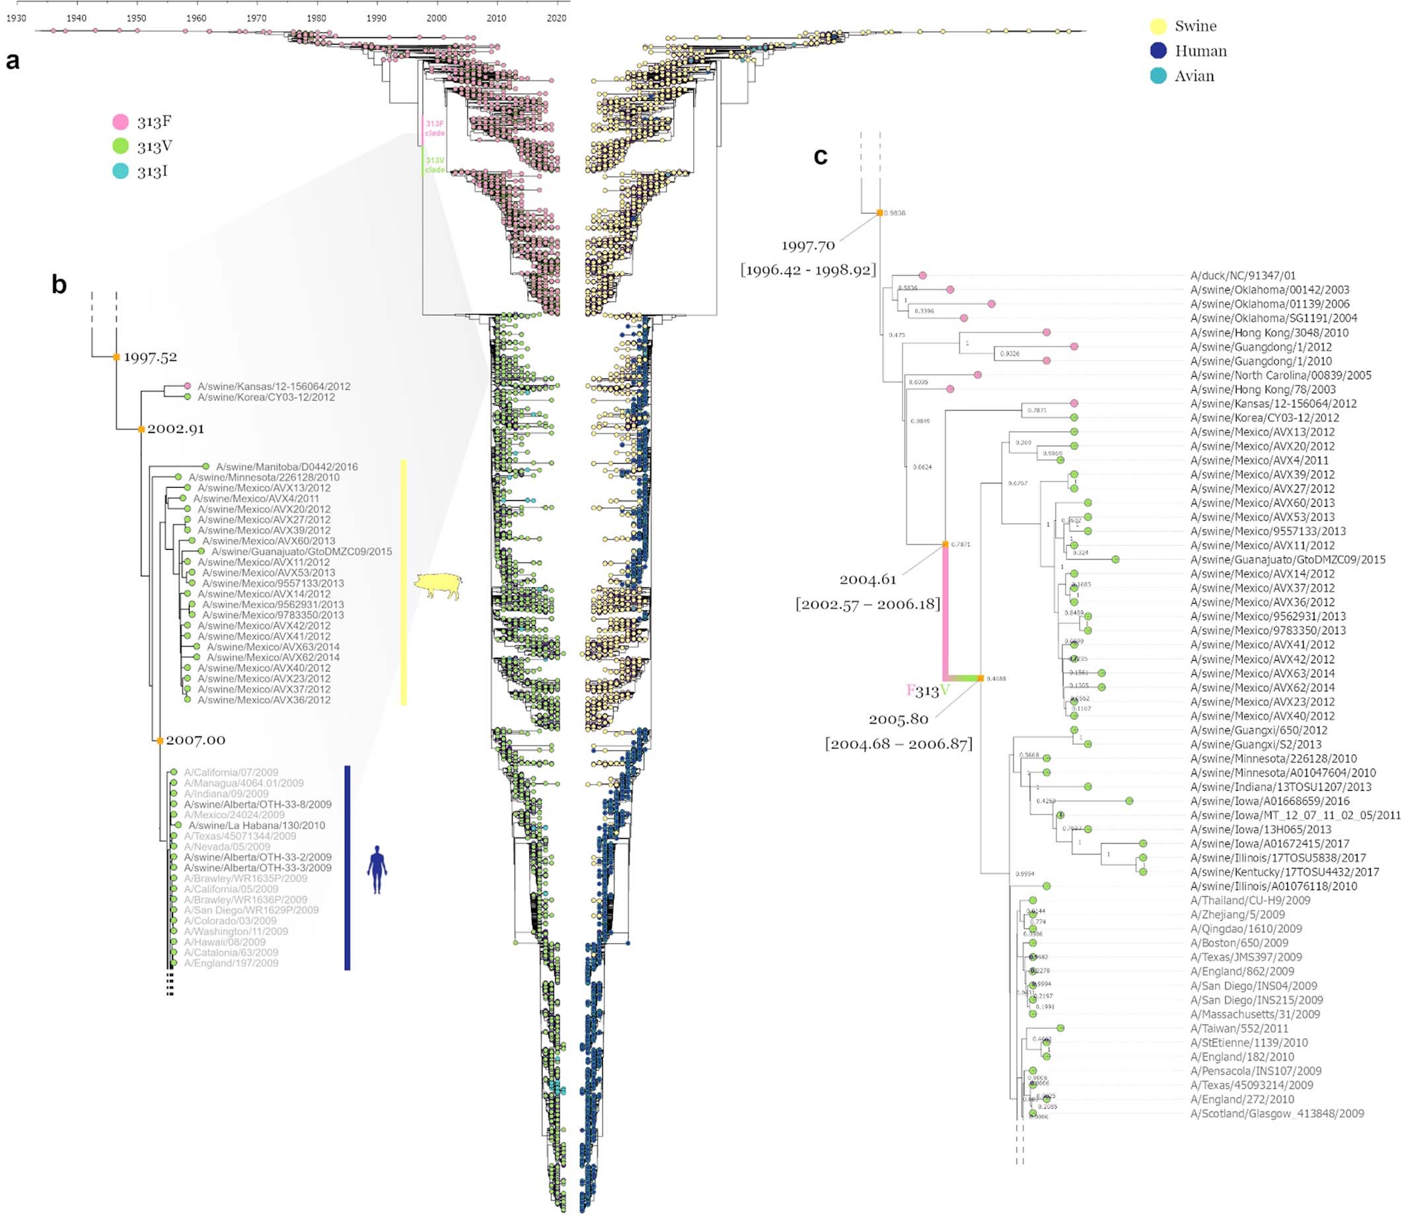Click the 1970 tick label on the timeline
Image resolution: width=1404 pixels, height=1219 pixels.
point(256,18)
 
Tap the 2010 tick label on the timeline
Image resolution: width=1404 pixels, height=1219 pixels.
point(496,18)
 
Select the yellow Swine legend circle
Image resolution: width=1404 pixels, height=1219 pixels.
point(1158,26)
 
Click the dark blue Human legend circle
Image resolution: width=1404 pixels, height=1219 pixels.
point(1158,51)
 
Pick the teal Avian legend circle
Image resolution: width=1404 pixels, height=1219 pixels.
point(1158,75)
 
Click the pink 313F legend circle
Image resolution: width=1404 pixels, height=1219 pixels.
point(120,122)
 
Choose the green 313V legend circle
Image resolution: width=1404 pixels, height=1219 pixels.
point(120,146)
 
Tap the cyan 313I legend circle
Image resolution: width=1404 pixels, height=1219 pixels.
point(120,171)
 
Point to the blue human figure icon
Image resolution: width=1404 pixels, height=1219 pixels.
point(377,870)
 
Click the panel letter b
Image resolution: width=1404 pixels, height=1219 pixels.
point(59,285)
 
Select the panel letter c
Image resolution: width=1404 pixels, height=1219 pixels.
point(821,157)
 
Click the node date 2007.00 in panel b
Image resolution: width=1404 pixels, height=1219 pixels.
point(196,740)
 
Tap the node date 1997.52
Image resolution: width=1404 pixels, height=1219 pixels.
point(150,357)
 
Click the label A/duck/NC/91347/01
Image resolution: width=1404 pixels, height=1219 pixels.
point(1243,275)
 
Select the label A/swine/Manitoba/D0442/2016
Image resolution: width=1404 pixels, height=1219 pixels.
point(287,467)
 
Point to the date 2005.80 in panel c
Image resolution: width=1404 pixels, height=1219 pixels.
point(899,719)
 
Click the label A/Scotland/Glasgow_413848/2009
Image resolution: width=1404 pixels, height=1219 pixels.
point(1276,1113)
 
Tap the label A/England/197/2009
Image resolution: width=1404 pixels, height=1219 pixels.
point(231,963)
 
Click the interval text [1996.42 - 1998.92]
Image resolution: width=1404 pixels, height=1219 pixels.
point(808,270)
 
